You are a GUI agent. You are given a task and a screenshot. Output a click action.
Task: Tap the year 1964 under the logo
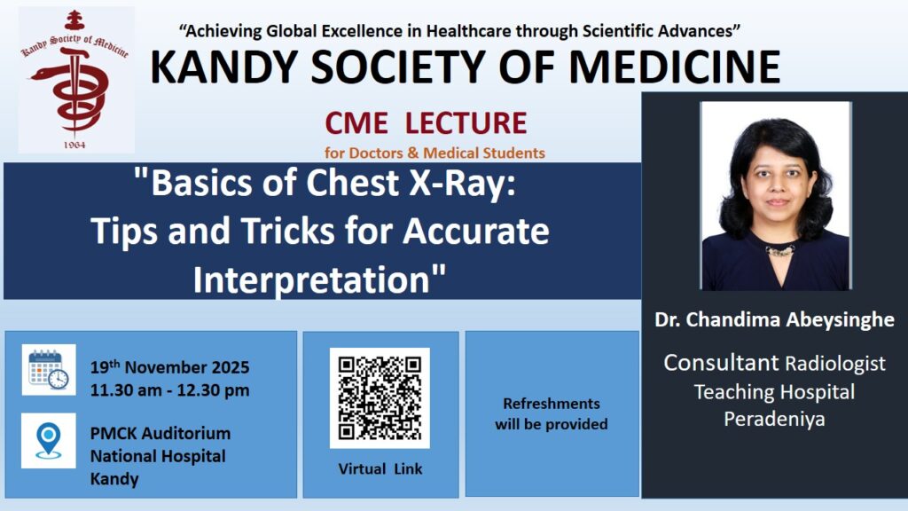tap(74, 145)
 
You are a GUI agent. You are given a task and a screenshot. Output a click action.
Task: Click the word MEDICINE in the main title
tap(675, 67)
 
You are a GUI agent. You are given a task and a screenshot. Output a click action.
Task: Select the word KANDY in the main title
tap(223, 67)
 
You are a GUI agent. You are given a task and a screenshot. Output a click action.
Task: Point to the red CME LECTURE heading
tap(426, 122)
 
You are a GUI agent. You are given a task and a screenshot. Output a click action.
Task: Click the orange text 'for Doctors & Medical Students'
tap(434, 153)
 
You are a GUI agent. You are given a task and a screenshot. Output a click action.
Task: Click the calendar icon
tap(49, 370)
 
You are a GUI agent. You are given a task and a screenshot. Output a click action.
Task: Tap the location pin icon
tap(49, 441)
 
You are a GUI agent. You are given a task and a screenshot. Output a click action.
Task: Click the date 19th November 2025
tap(169, 366)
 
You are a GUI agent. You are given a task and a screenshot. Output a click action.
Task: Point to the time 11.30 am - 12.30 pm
tap(169, 390)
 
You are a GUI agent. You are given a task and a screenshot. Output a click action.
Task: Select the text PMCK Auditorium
tap(160, 433)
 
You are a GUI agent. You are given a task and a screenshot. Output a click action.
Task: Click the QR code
tap(380, 398)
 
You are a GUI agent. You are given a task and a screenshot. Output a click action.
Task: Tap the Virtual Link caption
tap(380, 468)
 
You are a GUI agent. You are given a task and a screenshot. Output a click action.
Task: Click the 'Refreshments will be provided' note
tap(552, 413)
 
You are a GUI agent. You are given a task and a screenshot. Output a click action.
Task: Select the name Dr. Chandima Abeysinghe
tap(774, 319)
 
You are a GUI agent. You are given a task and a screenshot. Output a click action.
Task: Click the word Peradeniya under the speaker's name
tap(774, 419)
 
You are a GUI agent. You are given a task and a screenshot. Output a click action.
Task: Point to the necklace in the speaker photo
tap(780, 251)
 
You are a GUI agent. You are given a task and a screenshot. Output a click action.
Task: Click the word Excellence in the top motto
tap(363, 31)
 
